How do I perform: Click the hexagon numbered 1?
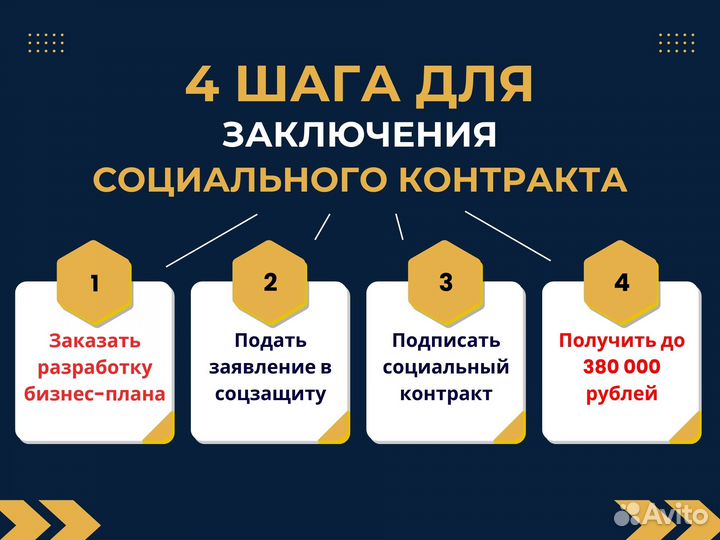tap(95, 282)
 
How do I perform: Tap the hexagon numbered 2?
tap(270, 282)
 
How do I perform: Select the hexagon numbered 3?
tap(446, 282)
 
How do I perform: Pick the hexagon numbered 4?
tap(622, 282)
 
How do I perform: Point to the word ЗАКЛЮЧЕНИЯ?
tap(359, 135)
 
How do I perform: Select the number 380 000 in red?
tap(621, 367)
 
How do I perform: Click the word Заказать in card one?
tap(95, 341)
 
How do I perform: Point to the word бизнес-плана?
tap(95, 393)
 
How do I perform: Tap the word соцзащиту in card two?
tap(270, 393)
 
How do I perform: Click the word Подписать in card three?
tap(446, 341)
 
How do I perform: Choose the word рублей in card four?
tap(621, 393)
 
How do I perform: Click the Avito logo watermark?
tap(661, 512)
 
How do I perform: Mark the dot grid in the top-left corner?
tap(46, 42)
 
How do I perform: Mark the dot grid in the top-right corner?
tap(676, 42)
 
